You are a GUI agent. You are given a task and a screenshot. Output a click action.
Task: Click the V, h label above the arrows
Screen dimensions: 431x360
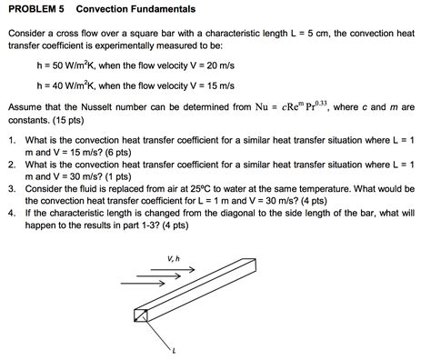coord(173,258)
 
